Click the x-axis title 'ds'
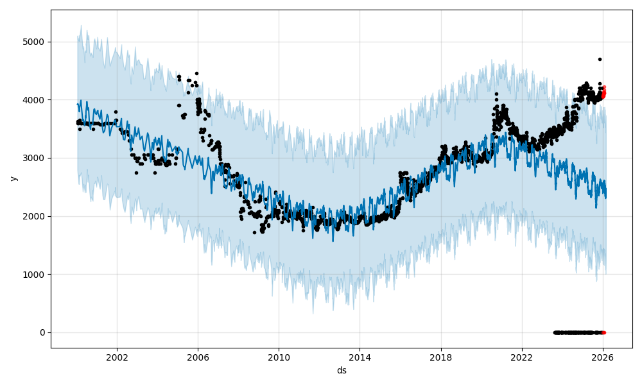(342, 370)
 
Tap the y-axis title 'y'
(12, 178)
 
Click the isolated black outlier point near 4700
(600, 59)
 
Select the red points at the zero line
(603, 332)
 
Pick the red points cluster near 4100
(603, 93)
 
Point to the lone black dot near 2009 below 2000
(254, 232)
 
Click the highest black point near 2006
(196, 73)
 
